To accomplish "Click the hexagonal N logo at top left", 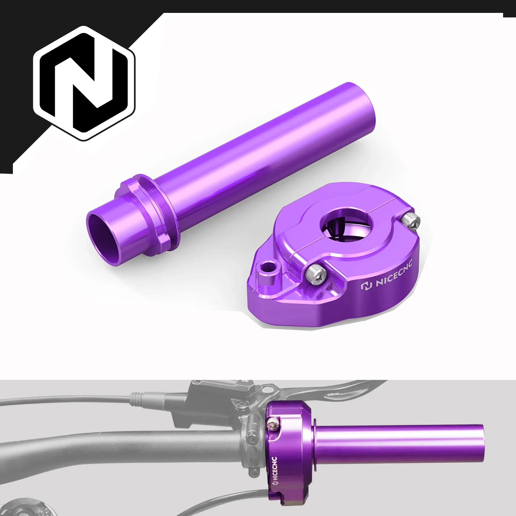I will pyautogui.click(x=84, y=83).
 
